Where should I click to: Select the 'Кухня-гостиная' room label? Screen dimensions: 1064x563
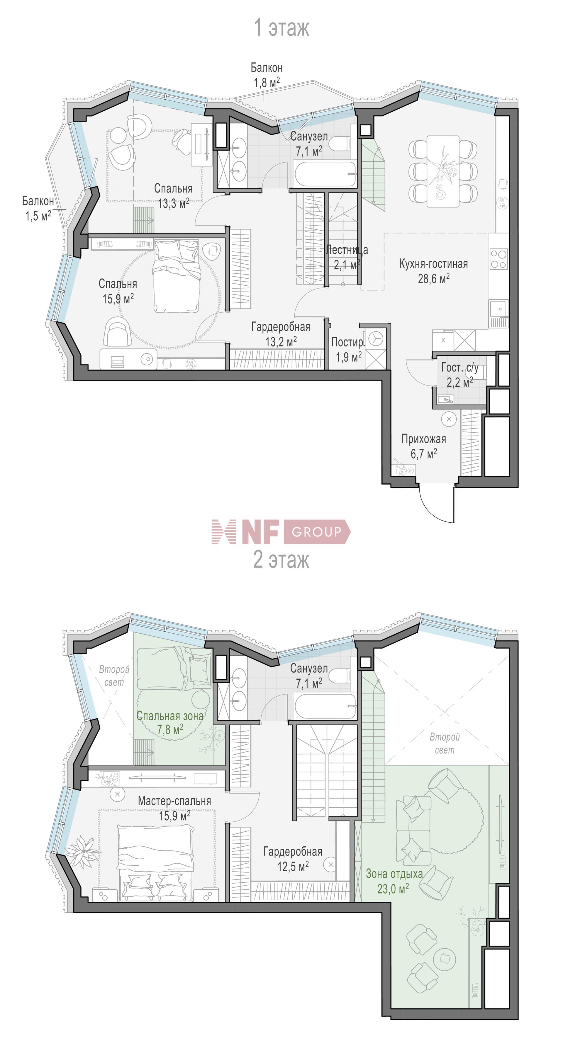[x=433, y=264]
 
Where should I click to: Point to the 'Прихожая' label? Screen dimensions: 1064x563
[x=424, y=439]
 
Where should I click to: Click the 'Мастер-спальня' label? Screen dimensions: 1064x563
[x=174, y=800]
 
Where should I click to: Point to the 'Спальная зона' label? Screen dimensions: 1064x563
[x=170, y=716]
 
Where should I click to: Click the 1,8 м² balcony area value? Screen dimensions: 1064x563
[x=267, y=83]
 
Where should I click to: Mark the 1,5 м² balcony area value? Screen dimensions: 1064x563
[x=38, y=216]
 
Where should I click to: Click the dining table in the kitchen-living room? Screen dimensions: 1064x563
[x=443, y=171]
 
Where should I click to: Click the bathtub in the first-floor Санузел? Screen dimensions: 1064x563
[x=325, y=174]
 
